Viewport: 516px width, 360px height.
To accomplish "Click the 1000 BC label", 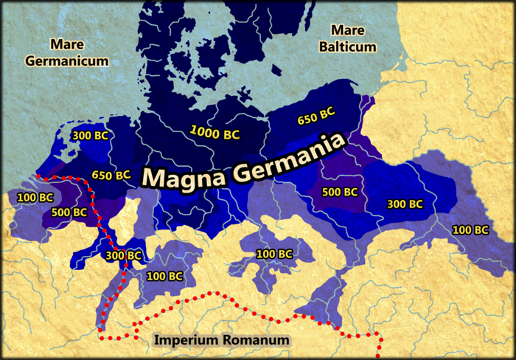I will pos(215,134).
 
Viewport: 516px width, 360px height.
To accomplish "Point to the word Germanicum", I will pos(67,61).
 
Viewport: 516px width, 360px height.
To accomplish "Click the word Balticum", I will pos(353,46).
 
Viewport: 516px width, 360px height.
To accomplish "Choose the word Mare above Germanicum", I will pos(63,45).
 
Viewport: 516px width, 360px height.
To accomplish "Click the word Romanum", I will pos(255,340).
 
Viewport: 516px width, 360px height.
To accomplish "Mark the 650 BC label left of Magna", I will pos(111,175).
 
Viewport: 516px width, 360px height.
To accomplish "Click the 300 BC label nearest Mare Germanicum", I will pos(91,135).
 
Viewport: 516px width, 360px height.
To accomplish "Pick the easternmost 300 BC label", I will pos(405,203).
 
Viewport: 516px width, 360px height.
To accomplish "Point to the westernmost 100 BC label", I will pos(35,198).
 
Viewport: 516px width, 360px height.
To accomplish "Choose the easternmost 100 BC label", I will pos(470,229).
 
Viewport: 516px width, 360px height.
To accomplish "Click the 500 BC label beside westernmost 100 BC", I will pos(69,212).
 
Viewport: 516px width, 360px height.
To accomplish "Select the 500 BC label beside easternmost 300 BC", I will pos(340,192).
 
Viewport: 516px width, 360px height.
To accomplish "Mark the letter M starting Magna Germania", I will pos(153,179).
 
